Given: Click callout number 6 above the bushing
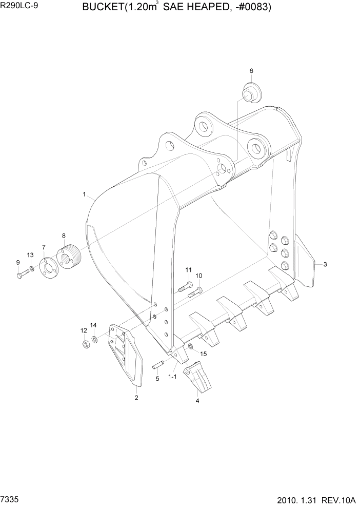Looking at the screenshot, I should point(251,71).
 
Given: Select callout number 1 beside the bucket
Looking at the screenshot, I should point(84,194).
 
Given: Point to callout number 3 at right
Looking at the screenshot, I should point(325,265).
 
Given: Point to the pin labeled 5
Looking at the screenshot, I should point(157,366).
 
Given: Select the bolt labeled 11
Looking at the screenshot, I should point(185,288).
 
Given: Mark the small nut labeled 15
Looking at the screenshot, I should point(190,347).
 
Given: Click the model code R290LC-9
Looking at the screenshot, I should point(20,8).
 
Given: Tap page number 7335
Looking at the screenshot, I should point(11,498).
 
